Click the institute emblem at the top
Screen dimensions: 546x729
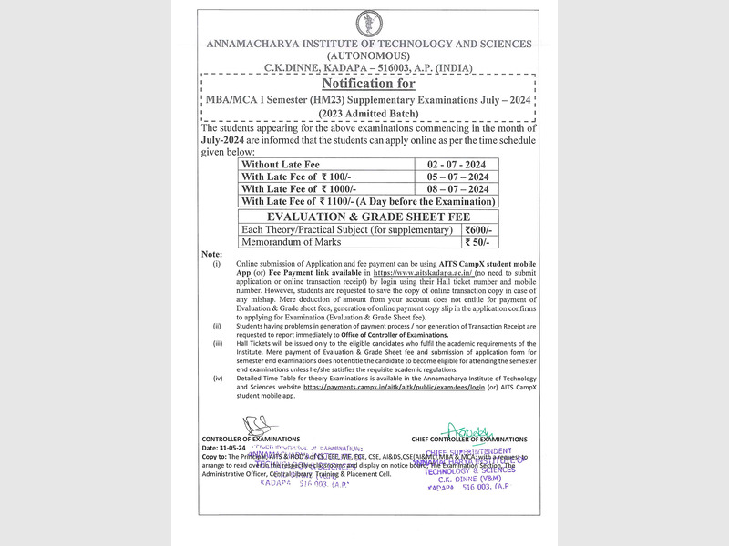point(370,23)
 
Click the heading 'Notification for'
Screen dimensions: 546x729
point(369,84)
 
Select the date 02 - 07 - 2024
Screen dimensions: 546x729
point(451,165)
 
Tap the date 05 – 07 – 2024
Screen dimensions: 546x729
point(451,177)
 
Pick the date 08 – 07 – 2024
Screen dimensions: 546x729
point(451,188)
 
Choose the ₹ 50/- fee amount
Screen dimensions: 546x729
point(477,242)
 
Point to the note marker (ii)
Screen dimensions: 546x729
point(217,326)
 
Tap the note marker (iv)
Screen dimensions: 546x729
point(217,377)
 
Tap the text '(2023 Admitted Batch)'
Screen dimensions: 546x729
point(369,113)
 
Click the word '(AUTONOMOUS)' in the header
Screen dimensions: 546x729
point(369,56)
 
